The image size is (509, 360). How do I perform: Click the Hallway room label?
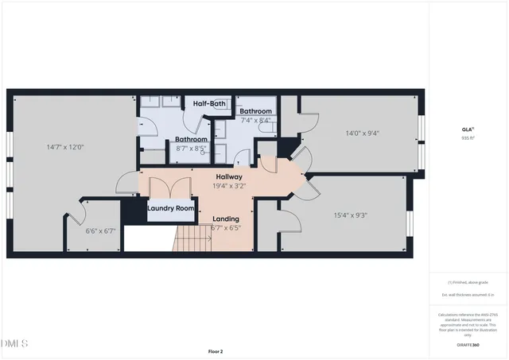pyautogui.click(x=229, y=176)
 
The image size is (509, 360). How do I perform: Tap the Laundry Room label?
pyautogui.click(x=171, y=208)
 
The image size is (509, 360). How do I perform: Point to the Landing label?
pyautogui.click(x=225, y=219)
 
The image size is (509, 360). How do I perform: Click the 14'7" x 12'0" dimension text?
pyautogui.click(x=65, y=147)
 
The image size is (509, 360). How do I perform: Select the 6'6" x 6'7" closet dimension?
pyautogui.click(x=100, y=232)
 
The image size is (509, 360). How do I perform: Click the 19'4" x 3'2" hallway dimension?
pyautogui.click(x=229, y=186)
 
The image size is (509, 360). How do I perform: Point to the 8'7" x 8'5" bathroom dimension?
pyautogui.click(x=191, y=148)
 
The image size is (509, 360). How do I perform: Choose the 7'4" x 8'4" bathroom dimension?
pyautogui.click(x=255, y=120)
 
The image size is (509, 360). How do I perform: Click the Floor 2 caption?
pyautogui.click(x=216, y=350)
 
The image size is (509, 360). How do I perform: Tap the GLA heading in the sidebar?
pyautogui.click(x=468, y=129)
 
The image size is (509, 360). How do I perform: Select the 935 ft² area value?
pyautogui.click(x=468, y=137)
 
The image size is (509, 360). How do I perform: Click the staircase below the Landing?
pyautogui.click(x=189, y=236)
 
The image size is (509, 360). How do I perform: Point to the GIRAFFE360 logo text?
pyautogui.click(x=468, y=345)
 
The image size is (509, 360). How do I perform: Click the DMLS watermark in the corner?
pyautogui.click(x=14, y=343)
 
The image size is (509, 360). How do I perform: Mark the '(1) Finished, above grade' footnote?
pyautogui.click(x=468, y=282)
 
